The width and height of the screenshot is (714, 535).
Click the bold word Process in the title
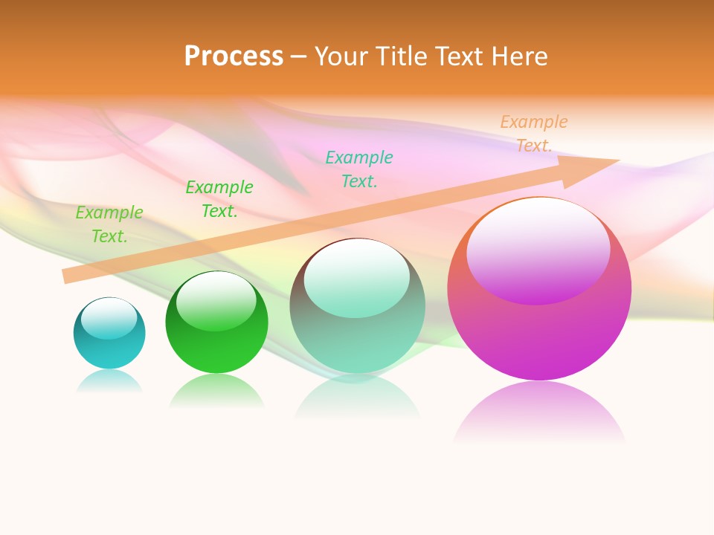point(234,56)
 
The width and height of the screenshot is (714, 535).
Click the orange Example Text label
point(533,134)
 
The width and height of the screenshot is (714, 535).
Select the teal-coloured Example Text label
point(359,169)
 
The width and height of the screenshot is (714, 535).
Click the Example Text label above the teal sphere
point(109,224)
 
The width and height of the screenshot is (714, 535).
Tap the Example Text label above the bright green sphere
point(219,199)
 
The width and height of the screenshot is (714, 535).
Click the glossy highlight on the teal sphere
point(109,318)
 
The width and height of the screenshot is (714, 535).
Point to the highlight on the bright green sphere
point(216,301)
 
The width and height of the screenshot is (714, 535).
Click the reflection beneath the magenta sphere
point(539,412)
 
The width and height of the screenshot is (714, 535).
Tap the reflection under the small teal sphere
point(109,380)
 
